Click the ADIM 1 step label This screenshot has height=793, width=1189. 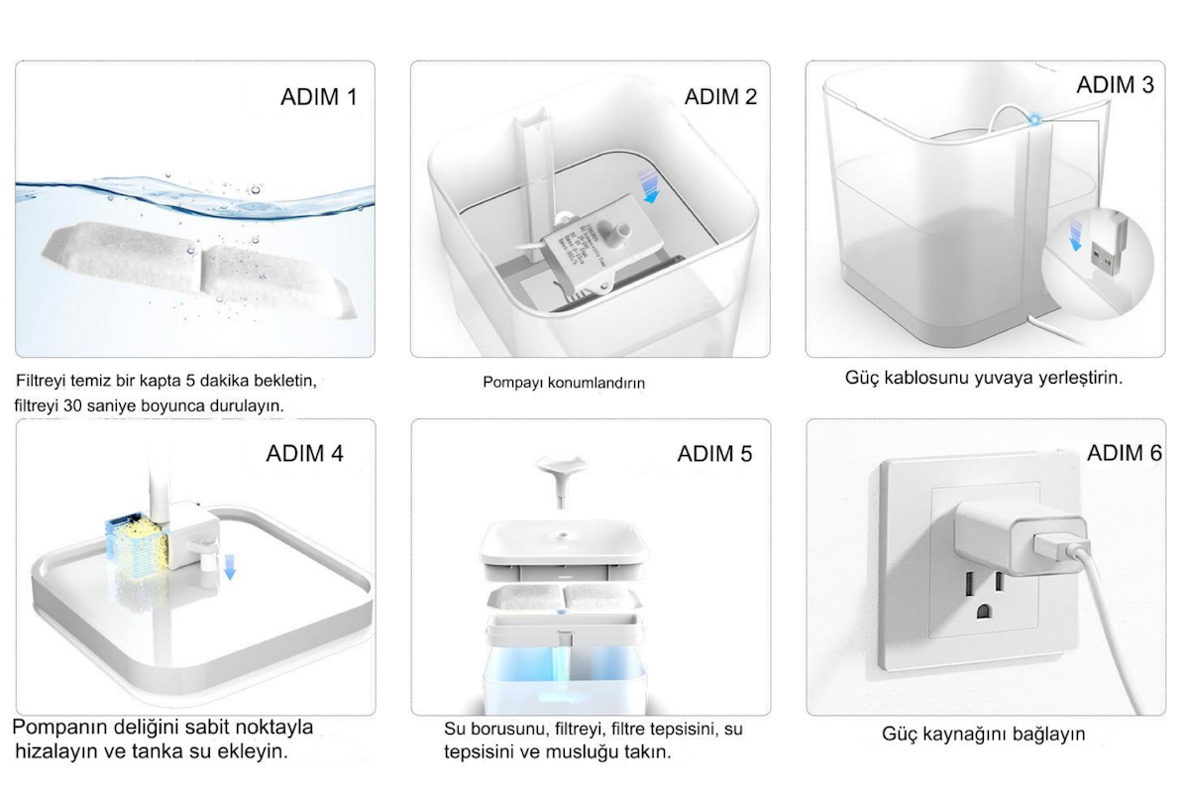click(319, 97)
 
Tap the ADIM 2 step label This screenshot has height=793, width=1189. click(720, 97)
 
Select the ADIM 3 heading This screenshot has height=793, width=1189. click(1116, 85)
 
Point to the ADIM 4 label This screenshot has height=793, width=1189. click(305, 454)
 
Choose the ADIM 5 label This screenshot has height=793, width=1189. click(714, 454)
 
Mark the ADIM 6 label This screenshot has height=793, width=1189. click(1125, 453)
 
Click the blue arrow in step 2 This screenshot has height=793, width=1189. click(649, 186)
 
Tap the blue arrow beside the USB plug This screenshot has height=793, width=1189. click(1075, 234)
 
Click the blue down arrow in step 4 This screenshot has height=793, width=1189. click(229, 566)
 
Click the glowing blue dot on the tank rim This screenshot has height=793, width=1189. click(1034, 121)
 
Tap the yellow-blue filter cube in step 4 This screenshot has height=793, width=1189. click(138, 543)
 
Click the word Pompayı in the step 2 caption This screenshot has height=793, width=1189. click(513, 383)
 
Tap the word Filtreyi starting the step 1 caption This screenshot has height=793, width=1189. click(41, 381)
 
